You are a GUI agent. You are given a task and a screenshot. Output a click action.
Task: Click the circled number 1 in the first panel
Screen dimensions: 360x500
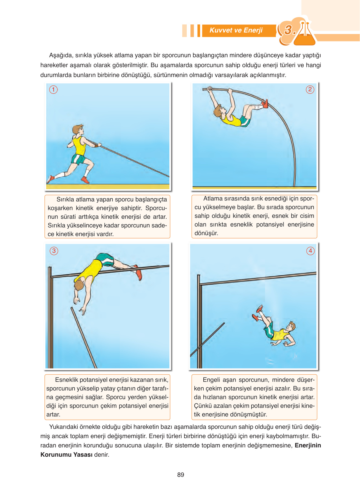pyautogui.click(x=53, y=90)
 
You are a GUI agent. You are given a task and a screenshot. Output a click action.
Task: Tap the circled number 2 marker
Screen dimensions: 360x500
pyautogui.click(x=310, y=89)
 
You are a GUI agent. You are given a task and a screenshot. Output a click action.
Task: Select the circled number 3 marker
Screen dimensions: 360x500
pyautogui.click(x=54, y=251)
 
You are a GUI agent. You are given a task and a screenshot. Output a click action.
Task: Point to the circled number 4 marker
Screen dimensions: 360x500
pyautogui.click(x=310, y=251)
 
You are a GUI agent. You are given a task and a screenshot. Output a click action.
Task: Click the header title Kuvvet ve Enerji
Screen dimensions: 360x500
pyautogui.click(x=236, y=30)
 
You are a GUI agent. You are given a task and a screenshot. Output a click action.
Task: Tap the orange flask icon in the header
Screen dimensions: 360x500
pyautogui.click(x=304, y=33)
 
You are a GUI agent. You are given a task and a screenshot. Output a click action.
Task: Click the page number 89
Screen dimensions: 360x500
pyautogui.click(x=180, y=475)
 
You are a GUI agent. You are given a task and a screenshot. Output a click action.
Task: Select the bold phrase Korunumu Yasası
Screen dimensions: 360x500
pyautogui.click(x=66, y=455)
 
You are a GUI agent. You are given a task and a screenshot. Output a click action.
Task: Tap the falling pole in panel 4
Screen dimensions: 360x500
pyautogui.click(x=207, y=339)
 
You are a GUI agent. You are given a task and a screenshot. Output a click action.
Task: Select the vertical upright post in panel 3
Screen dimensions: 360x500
pyautogui.click(x=50, y=317)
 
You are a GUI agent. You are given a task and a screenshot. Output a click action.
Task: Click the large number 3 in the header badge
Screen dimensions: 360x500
pyautogui.click(x=288, y=30)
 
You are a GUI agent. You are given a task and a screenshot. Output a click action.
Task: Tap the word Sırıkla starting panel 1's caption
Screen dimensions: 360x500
pyautogui.click(x=65, y=199)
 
